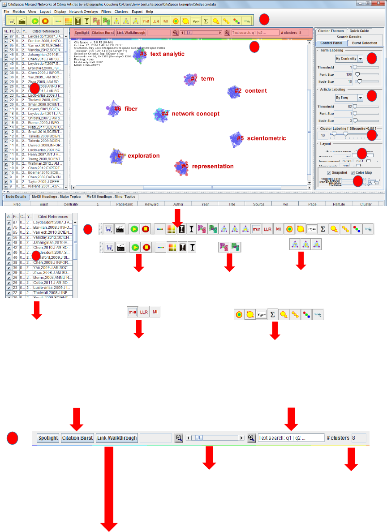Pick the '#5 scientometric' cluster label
(263, 138)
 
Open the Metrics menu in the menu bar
(18, 12)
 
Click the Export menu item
(137, 12)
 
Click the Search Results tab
(349, 37)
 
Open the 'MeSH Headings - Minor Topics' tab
(111, 197)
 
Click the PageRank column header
(124, 204)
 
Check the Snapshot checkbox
(330, 173)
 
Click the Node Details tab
(16, 197)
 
